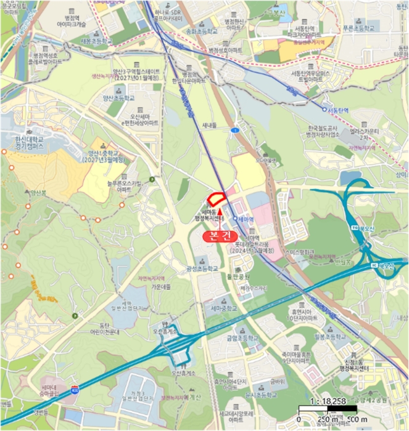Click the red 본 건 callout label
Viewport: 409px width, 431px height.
(220, 236)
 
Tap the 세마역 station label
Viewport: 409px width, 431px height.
(246, 219)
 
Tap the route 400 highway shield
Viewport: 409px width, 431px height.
(75, 390)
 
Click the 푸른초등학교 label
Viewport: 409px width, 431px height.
(370, 28)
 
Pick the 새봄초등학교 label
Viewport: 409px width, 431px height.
(94, 41)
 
